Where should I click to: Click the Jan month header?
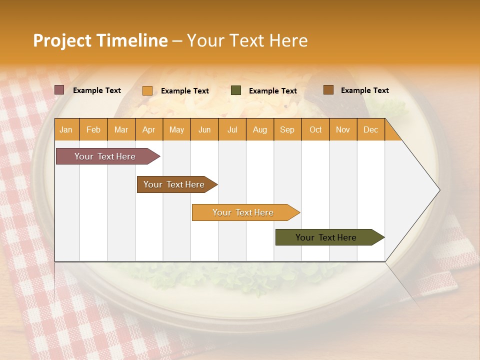tap(66, 130)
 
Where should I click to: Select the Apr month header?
tap(149, 130)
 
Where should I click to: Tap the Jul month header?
tap(232, 130)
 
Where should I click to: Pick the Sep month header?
tap(287, 130)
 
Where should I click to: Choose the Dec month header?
tap(370, 130)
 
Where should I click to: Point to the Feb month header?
tap(93, 130)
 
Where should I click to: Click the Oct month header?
tap(315, 130)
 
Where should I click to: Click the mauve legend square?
tap(59, 90)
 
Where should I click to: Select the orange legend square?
tap(147, 90)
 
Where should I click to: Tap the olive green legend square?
tap(236, 90)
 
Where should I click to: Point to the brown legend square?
tap(328, 90)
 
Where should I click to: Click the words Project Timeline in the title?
tap(100, 40)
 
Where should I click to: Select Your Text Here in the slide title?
tap(247, 40)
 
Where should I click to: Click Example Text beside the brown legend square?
tap(364, 90)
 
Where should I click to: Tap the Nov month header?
tap(343, 130)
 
